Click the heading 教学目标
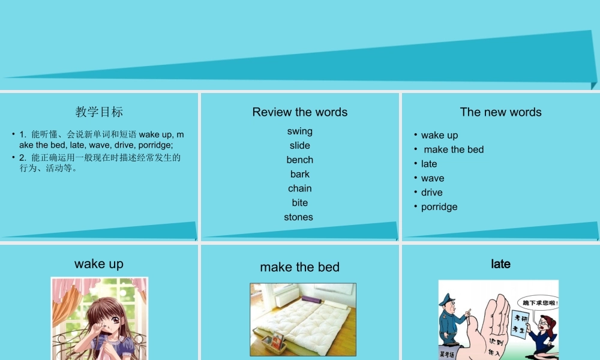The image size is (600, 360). pos(99,112)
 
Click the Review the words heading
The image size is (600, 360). pos(299,112)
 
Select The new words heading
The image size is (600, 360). pos(500,112)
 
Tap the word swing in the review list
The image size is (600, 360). pos(299,131)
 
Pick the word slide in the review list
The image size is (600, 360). pos(299,146)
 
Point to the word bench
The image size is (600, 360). pos(299,160)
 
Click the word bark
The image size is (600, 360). pos(299,175)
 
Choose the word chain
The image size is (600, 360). pos(299,189)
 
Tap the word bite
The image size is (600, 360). pos(299,203)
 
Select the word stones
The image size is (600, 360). pos(298,217)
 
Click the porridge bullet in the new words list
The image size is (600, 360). pos(439,207)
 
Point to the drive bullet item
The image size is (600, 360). pos(431,193)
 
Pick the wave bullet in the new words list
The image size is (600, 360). pos(432,178)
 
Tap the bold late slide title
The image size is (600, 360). pos(500,264)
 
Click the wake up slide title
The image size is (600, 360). pos(99,264)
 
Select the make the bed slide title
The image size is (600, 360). pos(299,268)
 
